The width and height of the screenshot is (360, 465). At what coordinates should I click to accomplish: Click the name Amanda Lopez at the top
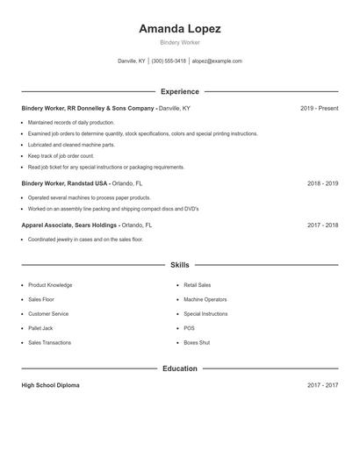coord(179,28)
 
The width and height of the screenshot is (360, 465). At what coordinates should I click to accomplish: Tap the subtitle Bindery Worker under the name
coord(179,42)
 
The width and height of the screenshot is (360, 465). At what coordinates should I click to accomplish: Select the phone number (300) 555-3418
coord(169,61)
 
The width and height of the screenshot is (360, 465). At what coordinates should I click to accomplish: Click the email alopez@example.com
coord(217,61)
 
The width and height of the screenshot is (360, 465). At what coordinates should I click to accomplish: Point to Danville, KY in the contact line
coord(132,61)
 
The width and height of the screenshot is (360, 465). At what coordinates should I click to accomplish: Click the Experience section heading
coord(179,91)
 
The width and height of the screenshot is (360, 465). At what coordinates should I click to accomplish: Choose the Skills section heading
coord(179,265)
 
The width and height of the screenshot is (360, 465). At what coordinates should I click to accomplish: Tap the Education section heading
coord(179,368)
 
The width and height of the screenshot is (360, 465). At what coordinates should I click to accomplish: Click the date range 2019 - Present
coord(319,108)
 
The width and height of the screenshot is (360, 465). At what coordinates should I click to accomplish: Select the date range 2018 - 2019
coord(322,183)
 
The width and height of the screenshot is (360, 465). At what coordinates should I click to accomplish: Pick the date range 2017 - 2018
coord(322,225)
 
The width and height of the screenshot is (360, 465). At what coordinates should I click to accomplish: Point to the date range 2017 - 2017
coord(322,385)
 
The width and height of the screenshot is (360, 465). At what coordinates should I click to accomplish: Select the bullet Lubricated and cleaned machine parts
coord(71,145)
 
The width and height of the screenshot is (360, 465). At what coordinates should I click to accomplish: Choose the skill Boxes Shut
coord(197,342)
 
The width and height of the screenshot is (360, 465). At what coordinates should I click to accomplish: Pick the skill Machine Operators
coord(205,299)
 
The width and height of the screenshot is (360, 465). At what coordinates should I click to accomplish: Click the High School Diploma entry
coord(50,385)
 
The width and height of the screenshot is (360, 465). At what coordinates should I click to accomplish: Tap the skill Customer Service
coord(48,313)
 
